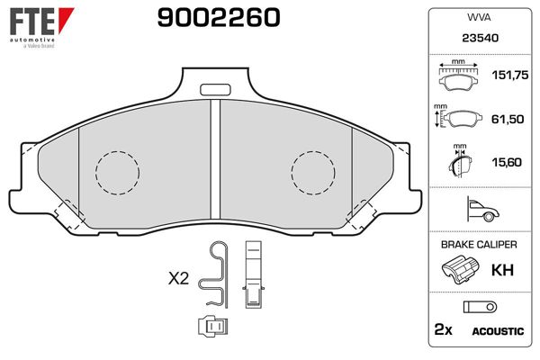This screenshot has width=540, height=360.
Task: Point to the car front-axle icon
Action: (479, 211)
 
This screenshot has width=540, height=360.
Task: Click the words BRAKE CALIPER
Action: (478, 245)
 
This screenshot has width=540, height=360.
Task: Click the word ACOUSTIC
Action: (498, 331)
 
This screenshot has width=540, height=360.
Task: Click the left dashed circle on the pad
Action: (118, 172)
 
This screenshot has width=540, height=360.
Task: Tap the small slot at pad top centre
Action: (214, 89)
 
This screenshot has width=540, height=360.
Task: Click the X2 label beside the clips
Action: (178, 279)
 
